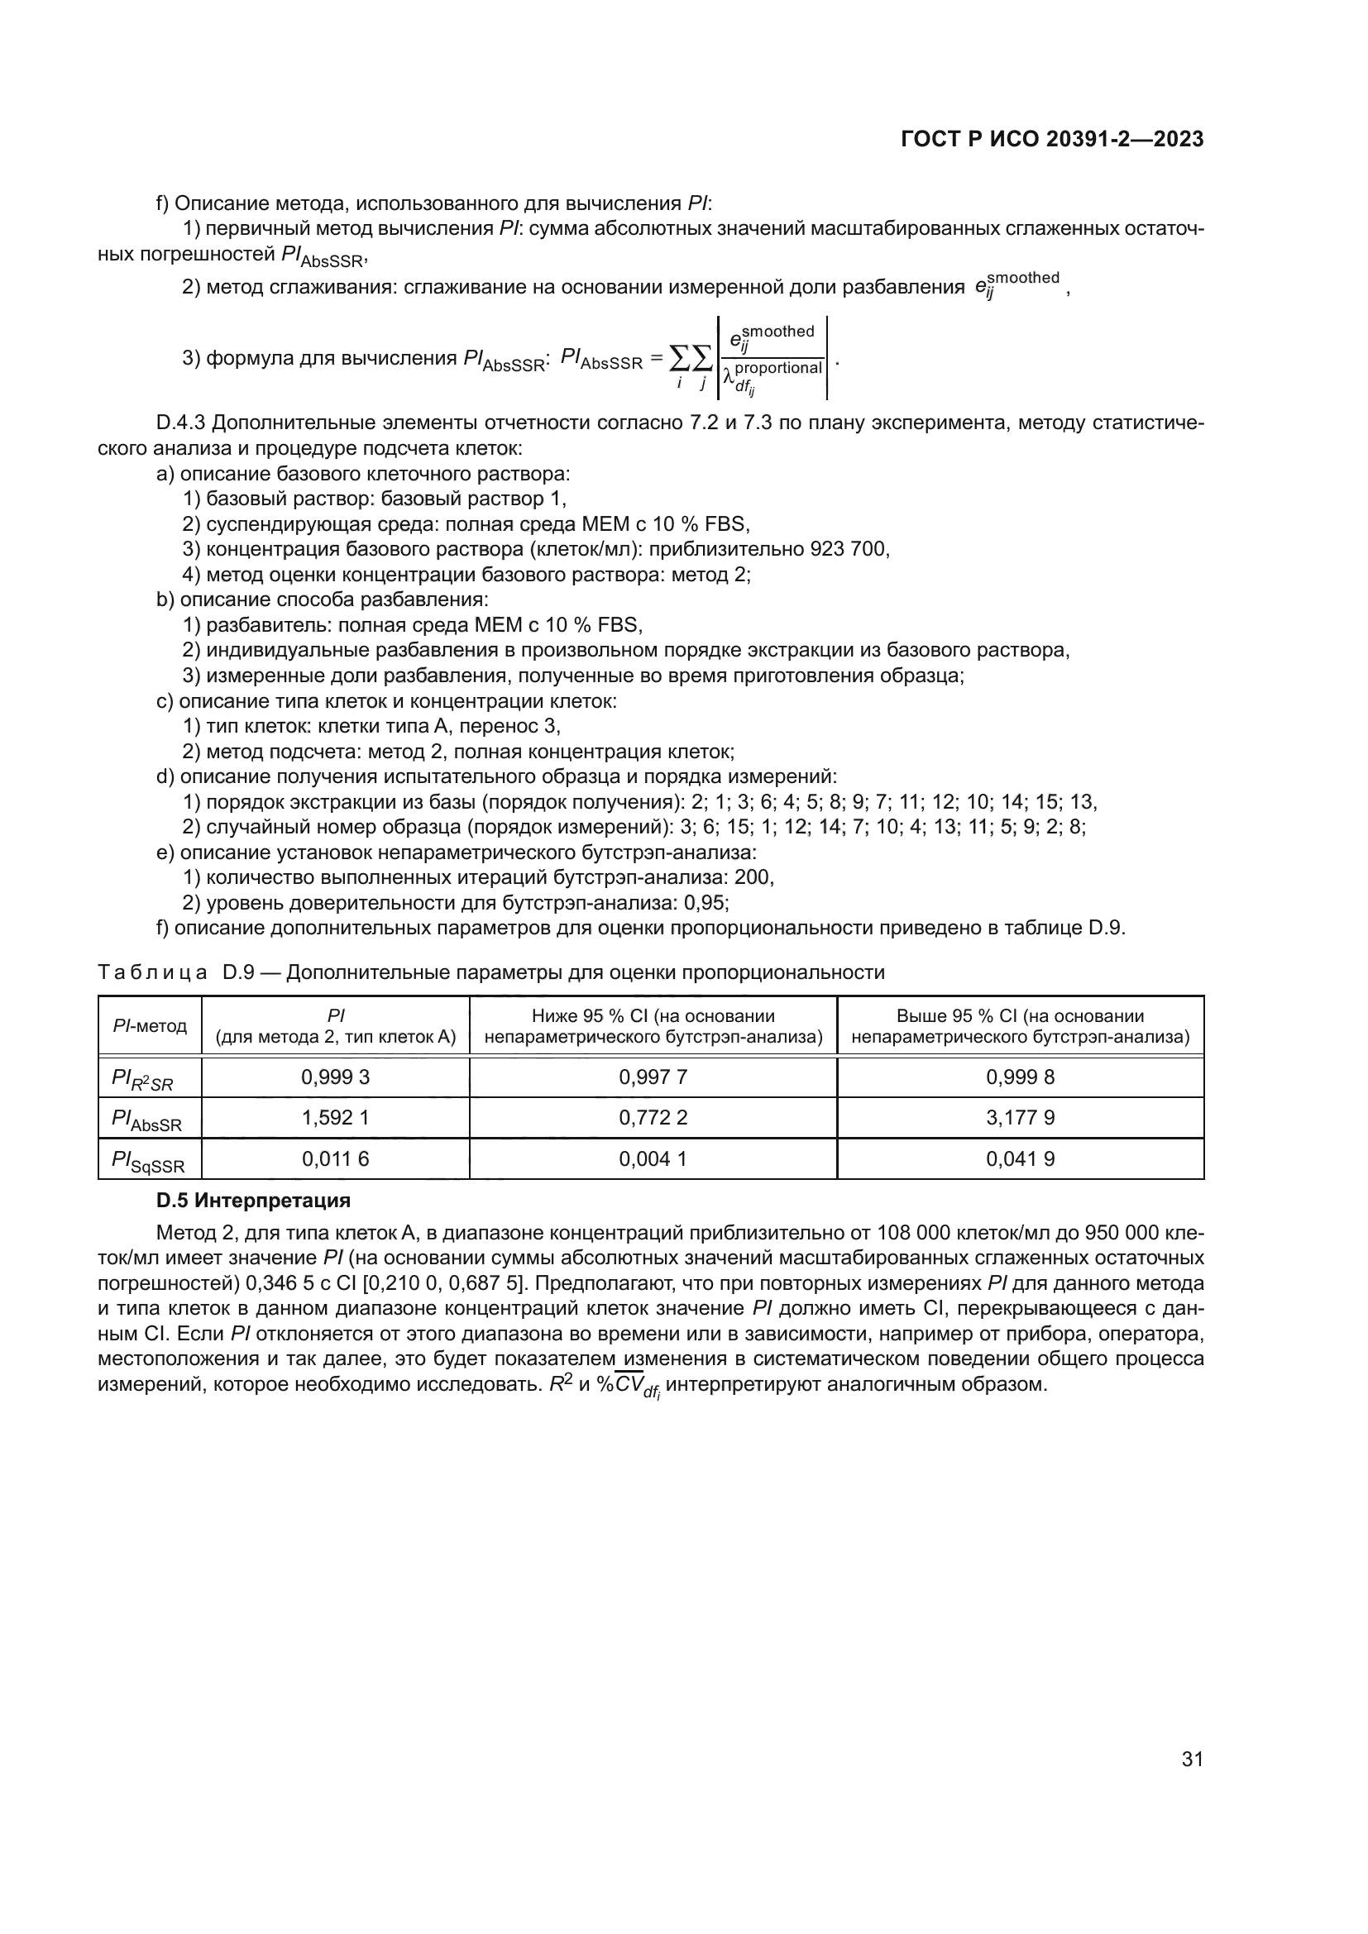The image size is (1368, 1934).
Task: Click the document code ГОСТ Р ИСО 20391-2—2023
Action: point(1052,140)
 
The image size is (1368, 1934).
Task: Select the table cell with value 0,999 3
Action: point(335,1077)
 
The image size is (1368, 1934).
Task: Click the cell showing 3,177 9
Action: point(1020,1118)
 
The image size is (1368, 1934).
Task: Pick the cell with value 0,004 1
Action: point(653,1159)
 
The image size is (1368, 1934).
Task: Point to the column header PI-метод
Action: point(150,1025)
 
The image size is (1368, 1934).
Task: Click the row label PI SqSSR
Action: point(148,1161)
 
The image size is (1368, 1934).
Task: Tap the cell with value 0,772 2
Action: point(653,1118)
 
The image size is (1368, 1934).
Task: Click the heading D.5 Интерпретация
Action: point(254,1201)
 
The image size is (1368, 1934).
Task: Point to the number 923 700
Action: point(849,549)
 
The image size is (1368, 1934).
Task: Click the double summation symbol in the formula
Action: point(690,359)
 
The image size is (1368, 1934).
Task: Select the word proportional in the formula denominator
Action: point(777,368)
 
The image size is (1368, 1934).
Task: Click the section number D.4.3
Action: point(181,423)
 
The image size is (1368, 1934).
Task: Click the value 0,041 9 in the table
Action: point(1020,1159)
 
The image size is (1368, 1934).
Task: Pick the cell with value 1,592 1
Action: point(335,1118)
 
